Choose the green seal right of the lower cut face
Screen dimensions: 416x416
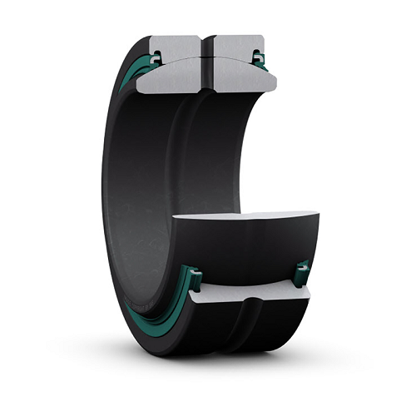(301, 273)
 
